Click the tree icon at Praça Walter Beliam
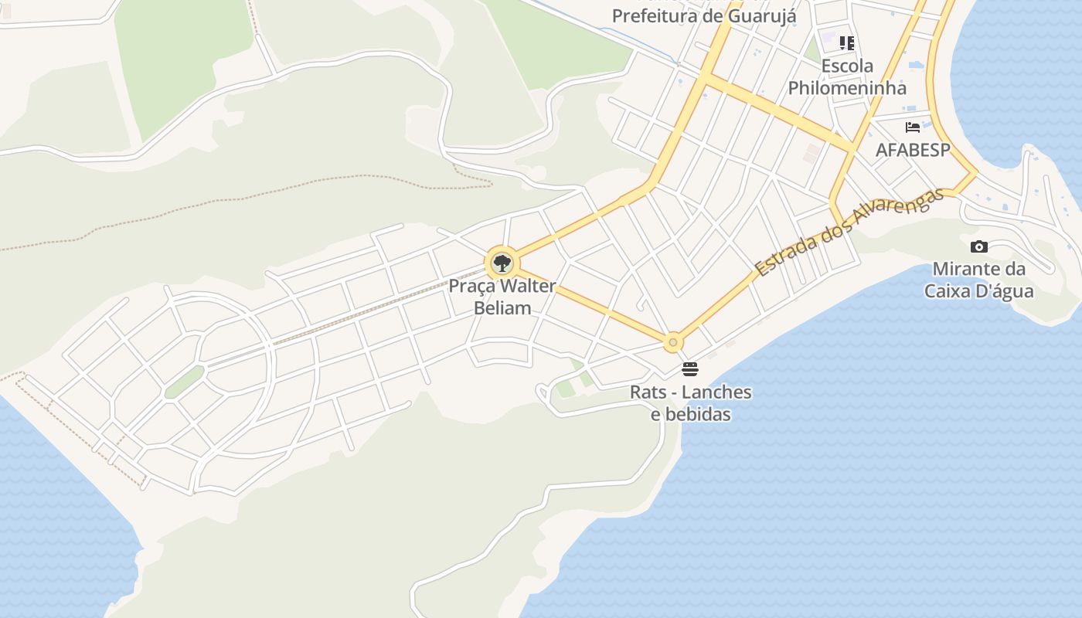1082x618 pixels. (x=502, y=263)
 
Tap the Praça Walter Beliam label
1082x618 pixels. (x=502, y=297)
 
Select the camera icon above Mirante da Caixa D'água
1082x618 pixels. (x=979, y=247)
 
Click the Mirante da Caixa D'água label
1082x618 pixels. (x=979, y=280)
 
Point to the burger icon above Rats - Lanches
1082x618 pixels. (x=690, y=369)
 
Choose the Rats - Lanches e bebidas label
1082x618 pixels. (x=691, y=402)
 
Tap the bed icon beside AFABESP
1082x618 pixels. (x=913, y=127)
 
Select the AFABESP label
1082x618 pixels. (x=913, y=150)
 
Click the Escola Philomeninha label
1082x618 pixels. (x=847, y=76)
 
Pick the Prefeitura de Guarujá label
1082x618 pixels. (x=704, y=15)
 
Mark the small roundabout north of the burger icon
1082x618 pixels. (x=673, y=341)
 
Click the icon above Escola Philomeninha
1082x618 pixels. (x=847, y=43)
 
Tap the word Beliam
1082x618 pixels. (x=502, y=307)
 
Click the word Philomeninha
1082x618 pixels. (x=847, y=87)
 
